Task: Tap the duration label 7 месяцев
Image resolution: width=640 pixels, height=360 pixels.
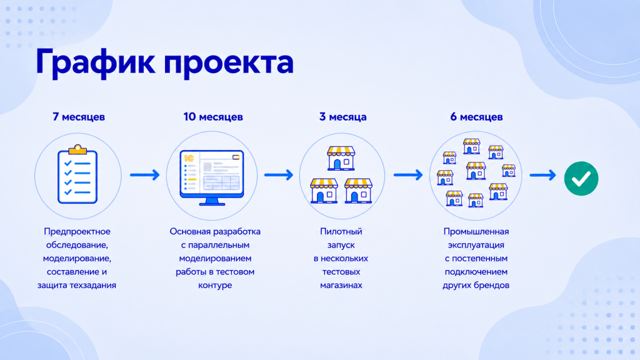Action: click(79, 117)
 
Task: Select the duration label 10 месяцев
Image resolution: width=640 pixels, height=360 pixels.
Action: click(213, 117)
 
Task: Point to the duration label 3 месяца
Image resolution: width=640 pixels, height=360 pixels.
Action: click(343, 117)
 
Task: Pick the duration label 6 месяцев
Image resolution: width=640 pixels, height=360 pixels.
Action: click(476, 117)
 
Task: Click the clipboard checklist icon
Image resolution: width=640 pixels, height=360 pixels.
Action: click(77, 174)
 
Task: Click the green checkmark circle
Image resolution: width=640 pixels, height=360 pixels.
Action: click(581, 178)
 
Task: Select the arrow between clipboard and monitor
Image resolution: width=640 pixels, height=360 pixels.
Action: click(145, 175)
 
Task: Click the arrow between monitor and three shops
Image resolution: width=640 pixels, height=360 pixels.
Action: click(279, 175)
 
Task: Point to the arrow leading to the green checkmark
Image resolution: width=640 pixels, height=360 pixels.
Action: click(543, 175)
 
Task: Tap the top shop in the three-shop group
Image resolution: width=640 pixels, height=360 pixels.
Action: click(341, 158)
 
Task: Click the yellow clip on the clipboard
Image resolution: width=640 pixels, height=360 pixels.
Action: click(77, 150)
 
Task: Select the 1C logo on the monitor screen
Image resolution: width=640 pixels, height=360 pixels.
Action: click(189, 158)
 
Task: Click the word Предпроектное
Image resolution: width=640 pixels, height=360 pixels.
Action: click(77, 231)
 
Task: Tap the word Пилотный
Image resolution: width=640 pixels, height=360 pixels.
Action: click(341, 231)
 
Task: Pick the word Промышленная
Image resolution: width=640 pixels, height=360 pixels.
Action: click(476, 231)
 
